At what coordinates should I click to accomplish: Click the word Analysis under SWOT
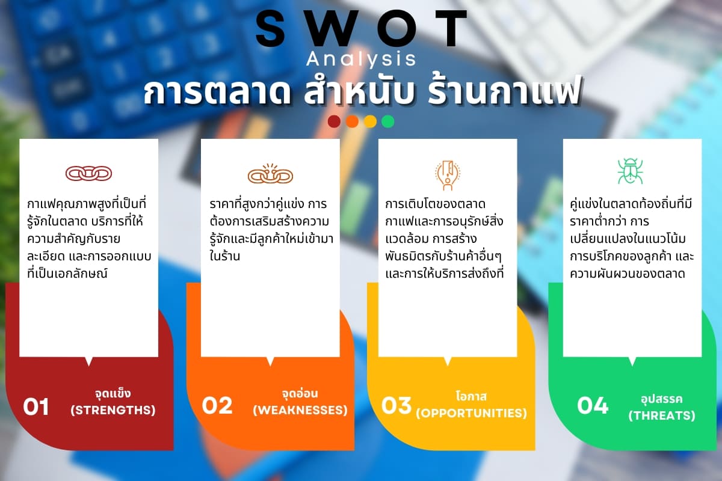361,59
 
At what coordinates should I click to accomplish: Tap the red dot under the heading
334,121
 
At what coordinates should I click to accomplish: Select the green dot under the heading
388,121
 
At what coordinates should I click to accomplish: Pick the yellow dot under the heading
370,121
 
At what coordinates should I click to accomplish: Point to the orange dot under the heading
352,121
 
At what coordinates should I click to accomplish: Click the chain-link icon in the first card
89,173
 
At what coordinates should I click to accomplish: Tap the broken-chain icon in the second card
270,174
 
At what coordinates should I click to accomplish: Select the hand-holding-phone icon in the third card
448,175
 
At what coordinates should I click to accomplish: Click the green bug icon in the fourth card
630,171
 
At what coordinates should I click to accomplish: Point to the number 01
36,406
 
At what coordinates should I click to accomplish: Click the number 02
217,406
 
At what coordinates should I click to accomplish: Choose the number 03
396,406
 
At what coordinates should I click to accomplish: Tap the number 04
593,406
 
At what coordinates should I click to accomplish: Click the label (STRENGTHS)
113,411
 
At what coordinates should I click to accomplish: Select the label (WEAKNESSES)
300,411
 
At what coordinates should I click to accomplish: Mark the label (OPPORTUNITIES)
471,413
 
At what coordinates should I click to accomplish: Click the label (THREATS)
662,415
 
